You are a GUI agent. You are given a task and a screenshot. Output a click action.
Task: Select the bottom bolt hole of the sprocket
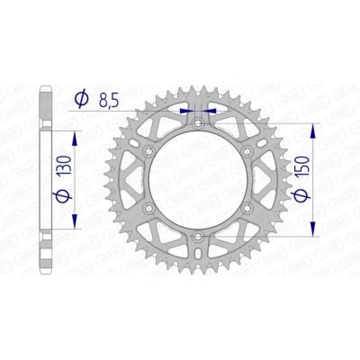pyautogui.click(x=197, y=236)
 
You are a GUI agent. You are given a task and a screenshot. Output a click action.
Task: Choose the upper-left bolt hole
pyautogui.click(x=147, y=148)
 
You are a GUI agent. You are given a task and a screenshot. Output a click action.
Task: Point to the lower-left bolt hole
pyautogui.click(x=147, y=207)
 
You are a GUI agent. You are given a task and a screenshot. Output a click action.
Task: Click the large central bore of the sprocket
pyautogui.click(x=197, y=178)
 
